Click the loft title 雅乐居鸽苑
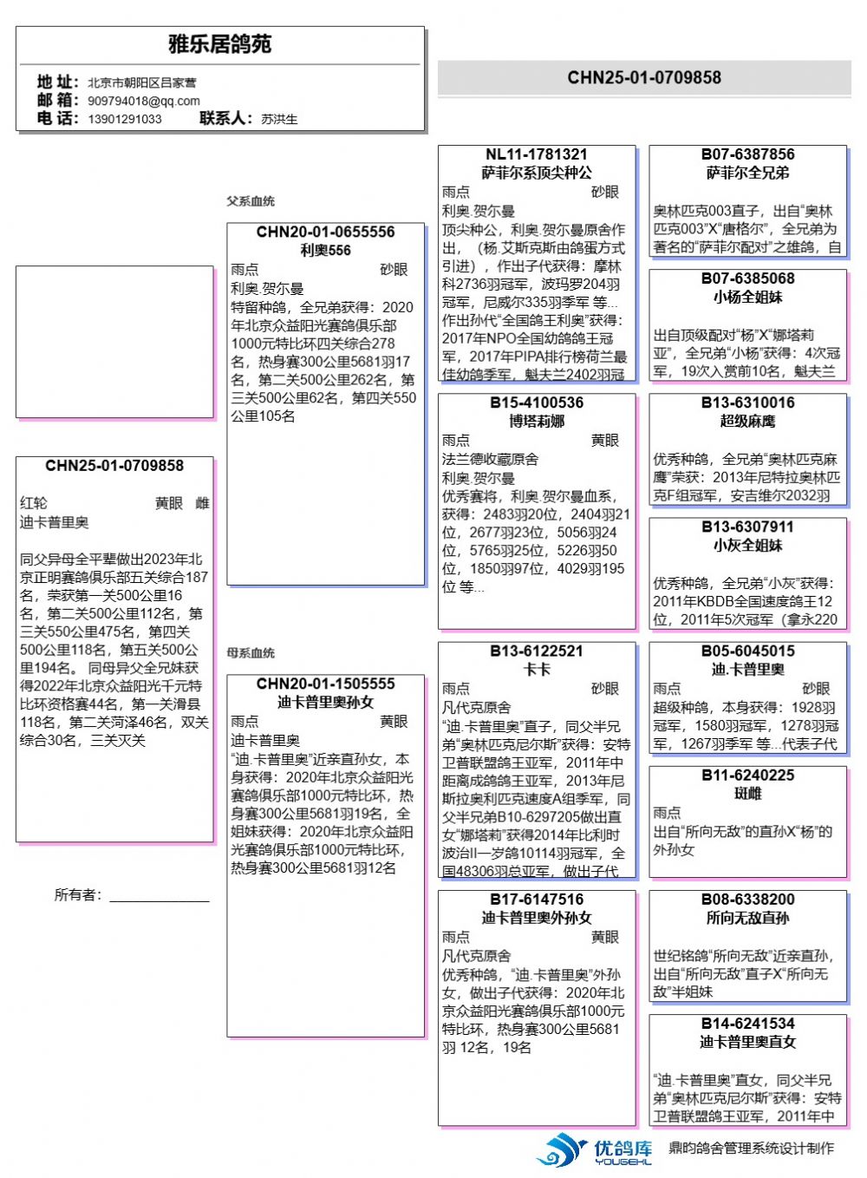pos(220,44)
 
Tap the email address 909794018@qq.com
pos(144,101)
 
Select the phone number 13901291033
pos(125,119)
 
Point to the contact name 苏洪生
pos(279,119)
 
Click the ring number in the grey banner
pos(644,78)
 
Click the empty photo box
pos(114,342)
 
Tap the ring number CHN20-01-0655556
pos(325,232)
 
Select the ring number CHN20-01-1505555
pos(325,684)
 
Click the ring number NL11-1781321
pos(537,155)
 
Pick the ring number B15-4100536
pos(537,403)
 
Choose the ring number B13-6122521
pos(537,651)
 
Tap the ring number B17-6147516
pos(537,900)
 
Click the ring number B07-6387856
pos(747,155)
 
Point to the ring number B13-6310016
pos(747,403)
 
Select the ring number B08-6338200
pos(747,900)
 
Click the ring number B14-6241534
pos(747,1024)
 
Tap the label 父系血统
pos(251,201)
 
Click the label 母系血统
pos(251,653)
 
